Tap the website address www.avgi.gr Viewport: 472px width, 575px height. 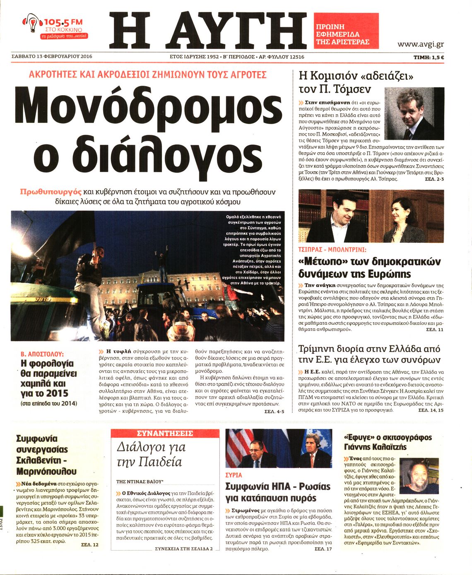click(420, 44)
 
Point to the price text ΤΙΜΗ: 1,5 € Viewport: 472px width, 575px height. click(429, 57)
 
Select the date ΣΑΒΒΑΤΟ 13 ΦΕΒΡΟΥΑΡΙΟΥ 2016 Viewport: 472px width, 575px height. click(52, 57)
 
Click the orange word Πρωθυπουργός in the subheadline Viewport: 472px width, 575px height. click(51, 192)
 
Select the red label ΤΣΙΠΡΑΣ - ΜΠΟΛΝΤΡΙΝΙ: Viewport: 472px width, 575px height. click(332, 250)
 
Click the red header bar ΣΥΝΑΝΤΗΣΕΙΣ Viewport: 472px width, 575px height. click(165, 434)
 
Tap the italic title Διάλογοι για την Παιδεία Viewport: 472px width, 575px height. click(151, 454)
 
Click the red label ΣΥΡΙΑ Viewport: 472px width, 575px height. click(234, 475)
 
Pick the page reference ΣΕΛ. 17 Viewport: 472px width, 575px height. click(323, 549)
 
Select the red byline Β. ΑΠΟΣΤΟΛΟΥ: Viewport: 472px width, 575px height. click(42, 354)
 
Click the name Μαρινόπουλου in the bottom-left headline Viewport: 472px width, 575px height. click(46, 471)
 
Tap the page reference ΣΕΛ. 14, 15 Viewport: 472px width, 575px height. click(431, 410)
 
